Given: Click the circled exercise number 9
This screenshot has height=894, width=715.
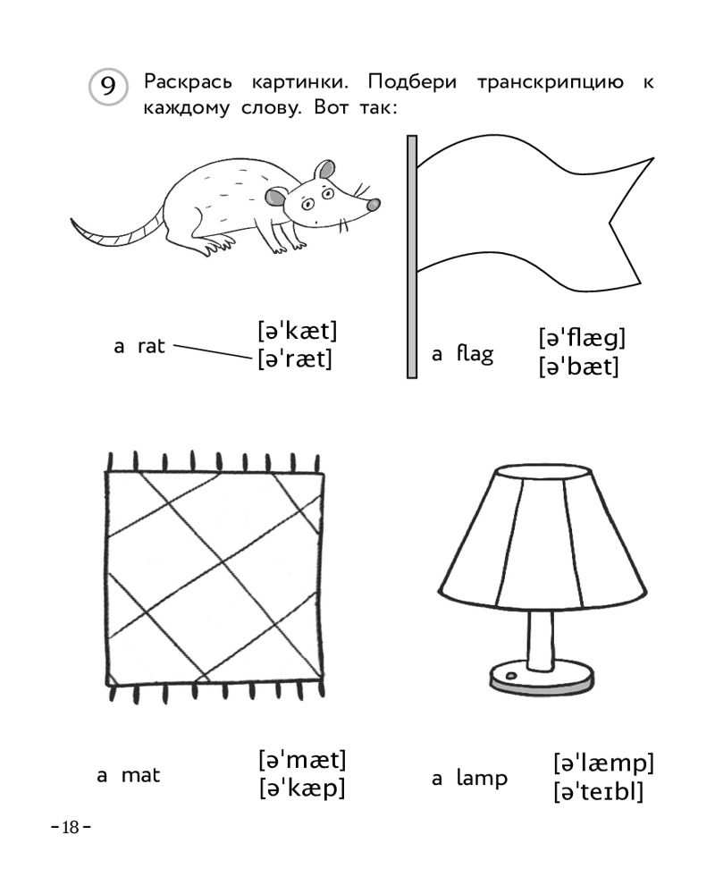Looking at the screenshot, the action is [108, 87].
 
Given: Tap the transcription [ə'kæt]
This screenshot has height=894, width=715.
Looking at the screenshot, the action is [297, 331].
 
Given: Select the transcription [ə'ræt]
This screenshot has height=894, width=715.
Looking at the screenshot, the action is [294, 359].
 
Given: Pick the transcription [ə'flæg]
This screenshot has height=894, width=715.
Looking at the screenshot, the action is [582, 338].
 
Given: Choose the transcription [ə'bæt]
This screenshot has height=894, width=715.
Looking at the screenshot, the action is [578, 367].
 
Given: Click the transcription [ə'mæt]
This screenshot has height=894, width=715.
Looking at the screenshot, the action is [302, 760].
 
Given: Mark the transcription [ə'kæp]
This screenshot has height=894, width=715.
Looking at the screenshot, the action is [301, 789].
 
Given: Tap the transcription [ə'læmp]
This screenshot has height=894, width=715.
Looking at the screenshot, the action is [603, 763].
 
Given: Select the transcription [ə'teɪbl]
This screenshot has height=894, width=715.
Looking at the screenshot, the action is [598, 791].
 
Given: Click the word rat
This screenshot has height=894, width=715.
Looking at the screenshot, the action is [151, 346].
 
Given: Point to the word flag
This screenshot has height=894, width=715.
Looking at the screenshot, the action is [475, 353].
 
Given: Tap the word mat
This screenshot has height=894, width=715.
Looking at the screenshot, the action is [141, 775].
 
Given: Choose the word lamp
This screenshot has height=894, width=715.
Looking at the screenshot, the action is [482, 779].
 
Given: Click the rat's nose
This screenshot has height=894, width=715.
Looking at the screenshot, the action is [373, 205].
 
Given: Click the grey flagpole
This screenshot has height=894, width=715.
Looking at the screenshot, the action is [412, 257].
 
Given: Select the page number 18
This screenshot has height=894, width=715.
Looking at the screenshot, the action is [71, 827].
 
